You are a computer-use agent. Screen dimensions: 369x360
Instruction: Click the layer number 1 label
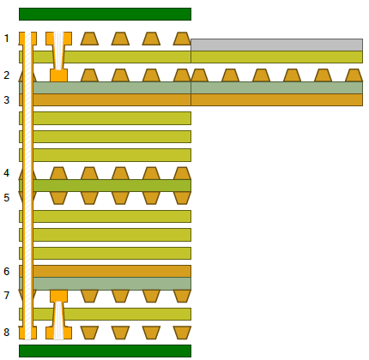6,39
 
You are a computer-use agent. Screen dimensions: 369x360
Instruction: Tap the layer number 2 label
6,75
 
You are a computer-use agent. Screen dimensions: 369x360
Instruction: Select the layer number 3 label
6,100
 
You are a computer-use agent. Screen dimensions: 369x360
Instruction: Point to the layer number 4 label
6,173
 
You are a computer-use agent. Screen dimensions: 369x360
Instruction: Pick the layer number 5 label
6,197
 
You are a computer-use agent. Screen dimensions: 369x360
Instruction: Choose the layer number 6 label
6,271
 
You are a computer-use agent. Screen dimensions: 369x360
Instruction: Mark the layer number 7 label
6,295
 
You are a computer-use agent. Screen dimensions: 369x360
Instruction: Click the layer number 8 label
6,332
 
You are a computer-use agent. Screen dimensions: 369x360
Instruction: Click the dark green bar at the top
105,14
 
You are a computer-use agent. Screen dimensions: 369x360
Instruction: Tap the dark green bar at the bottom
105,351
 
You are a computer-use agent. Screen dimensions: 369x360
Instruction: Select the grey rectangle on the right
276,45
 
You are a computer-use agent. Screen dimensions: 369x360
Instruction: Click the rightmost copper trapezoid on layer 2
354,75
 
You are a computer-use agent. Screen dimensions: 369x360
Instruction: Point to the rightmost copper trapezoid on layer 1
182,39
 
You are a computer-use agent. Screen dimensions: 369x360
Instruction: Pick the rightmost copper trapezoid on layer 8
182,333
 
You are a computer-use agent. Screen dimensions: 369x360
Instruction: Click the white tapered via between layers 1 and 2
58,51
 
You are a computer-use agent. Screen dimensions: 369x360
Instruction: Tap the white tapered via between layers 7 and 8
58,321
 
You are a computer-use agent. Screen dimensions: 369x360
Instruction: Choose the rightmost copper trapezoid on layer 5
182,198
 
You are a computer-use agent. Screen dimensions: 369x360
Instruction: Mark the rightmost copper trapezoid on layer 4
182,173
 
